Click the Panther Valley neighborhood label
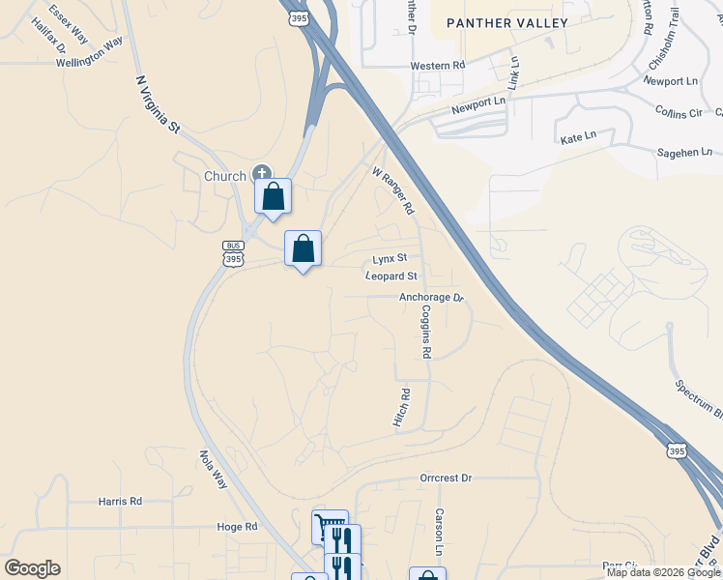point(506,22)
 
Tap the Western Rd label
point(438,66)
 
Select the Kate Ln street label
point(578,139)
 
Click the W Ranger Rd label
point(393,189)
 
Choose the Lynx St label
point(391,259)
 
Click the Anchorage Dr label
point(431,298)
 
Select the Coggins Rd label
point(425,332)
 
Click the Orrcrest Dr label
point(446,478)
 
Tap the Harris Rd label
point(120,501)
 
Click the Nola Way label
point(213,469)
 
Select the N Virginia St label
point(159,105)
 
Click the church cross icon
point(261,174)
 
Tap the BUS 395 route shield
point(232,253)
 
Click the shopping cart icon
point(329,528)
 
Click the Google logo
point(32,568)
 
